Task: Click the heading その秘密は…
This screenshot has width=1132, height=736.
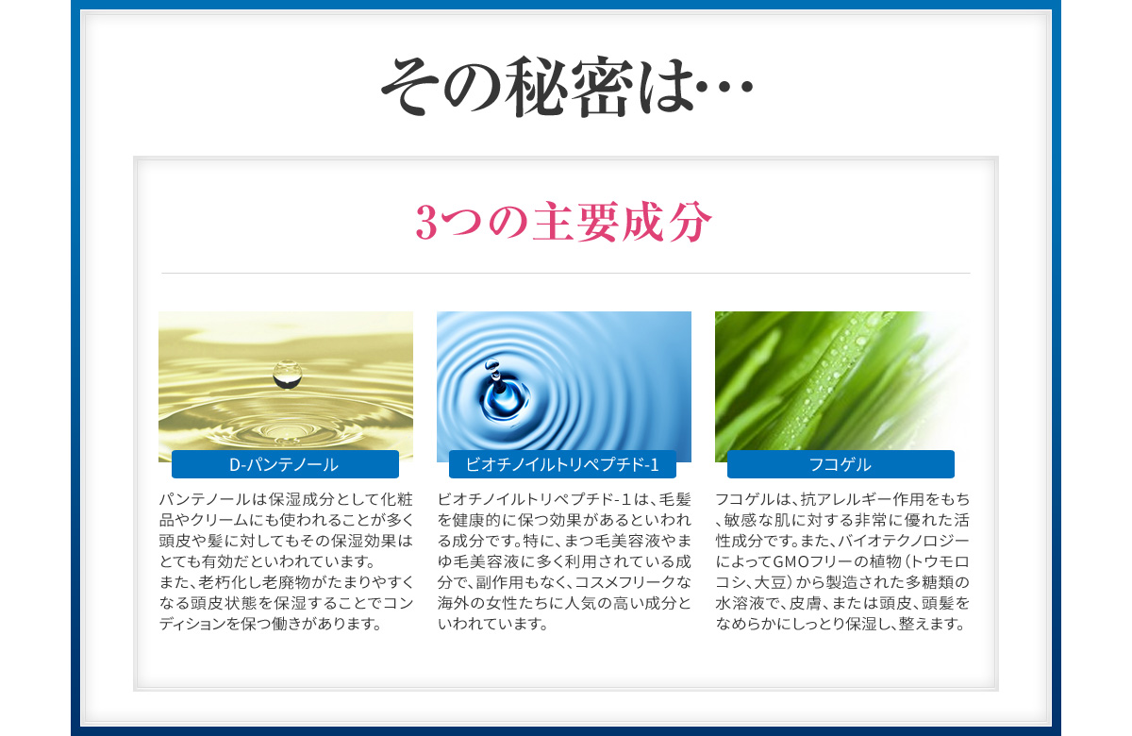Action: pos(567,87)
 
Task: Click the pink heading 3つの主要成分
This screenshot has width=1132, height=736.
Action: pos(564,222)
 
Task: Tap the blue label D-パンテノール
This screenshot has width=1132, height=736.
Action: pos(285,464)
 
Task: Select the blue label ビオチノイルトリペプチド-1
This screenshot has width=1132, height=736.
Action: pos(562,464)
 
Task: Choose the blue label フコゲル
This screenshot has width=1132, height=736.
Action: pos(841,464)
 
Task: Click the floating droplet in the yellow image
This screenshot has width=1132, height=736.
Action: pos(287,375)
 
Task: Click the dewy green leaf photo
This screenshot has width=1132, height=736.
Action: pos(841,386)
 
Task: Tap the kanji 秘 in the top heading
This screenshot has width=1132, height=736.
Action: pos(538,87)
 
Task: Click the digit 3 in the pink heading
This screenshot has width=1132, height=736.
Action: pos(426,223)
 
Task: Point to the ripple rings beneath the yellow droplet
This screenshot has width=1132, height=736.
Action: pos(286,428)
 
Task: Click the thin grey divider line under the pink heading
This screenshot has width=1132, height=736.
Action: pos(565,273)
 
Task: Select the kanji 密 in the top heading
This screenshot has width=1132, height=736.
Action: pos(603,87)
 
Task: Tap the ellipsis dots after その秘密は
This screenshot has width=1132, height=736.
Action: pos(724,87)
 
